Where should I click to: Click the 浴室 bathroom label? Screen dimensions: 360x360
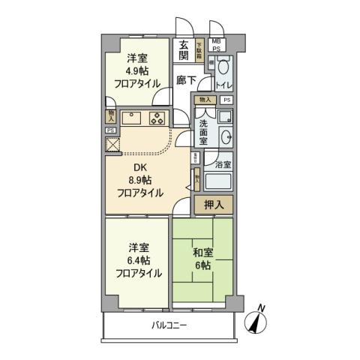223,164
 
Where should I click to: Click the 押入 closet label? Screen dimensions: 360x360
214,204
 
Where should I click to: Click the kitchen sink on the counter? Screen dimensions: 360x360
128,117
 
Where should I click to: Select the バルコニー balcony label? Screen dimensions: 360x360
169,325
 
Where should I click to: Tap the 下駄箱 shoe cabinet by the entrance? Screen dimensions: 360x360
199,50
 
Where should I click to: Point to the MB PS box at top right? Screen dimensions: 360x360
216,44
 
